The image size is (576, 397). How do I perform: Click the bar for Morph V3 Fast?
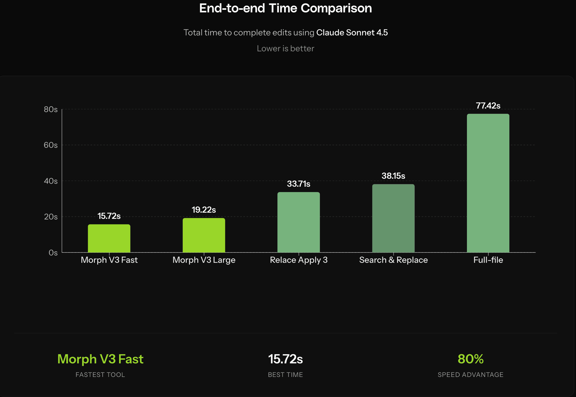[109, 238]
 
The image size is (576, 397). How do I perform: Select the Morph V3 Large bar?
[204, 235]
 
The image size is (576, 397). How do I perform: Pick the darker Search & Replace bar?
[393, 218]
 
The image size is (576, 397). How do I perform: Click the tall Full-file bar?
[488, 183]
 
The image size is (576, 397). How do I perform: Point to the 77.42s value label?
[488, 106]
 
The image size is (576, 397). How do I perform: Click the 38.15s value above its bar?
[393, 176]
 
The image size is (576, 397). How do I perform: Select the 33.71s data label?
[299, 184]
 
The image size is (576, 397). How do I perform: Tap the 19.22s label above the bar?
[204, 210]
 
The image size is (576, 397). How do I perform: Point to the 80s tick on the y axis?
[51, 109]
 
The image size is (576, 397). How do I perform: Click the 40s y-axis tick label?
[51, 181]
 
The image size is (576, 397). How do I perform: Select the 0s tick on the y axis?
[53, 253]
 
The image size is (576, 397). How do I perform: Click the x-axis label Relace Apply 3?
[299, 260]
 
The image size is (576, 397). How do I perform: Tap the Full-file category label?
[488, 260]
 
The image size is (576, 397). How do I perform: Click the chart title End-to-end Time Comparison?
[285, 8]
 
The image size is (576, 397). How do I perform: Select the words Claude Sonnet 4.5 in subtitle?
[352, 32]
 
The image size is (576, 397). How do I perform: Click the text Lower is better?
[285, 48]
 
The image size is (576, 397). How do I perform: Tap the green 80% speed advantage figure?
[470, 359]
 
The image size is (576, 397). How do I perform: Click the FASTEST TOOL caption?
[100, 375]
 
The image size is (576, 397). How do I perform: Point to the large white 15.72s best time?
[285, 359]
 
